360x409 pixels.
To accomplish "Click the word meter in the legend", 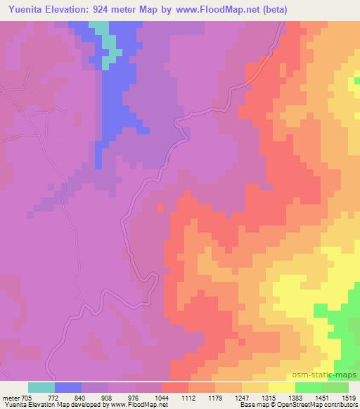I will tap(11, 398).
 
